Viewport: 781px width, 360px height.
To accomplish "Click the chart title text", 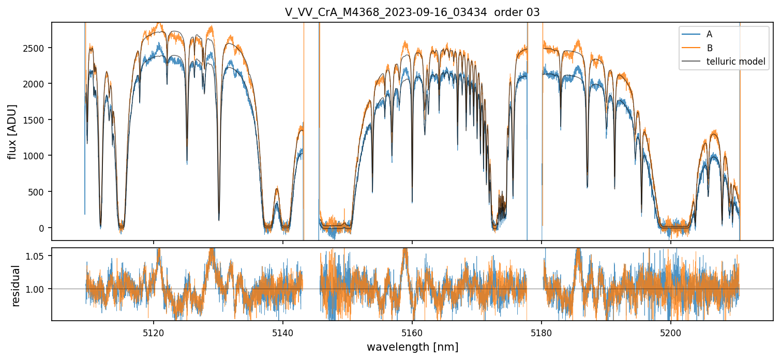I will point(412,12).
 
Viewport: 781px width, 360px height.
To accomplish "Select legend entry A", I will point(709,34).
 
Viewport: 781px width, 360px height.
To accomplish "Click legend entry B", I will point(709,48).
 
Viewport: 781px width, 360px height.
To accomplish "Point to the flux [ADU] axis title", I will point(12,131).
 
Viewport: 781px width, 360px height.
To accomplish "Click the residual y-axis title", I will point(16,286).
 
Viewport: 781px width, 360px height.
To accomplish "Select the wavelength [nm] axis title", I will point(412,347).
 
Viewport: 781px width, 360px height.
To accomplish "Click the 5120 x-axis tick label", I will point(153,331).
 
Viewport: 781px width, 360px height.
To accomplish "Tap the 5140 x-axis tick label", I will point(282,331).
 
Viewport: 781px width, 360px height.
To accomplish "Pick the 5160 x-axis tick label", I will point(412,331).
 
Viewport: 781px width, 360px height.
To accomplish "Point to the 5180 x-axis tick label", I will point(541,331).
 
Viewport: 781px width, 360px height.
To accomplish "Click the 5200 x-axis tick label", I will point(670,331).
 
